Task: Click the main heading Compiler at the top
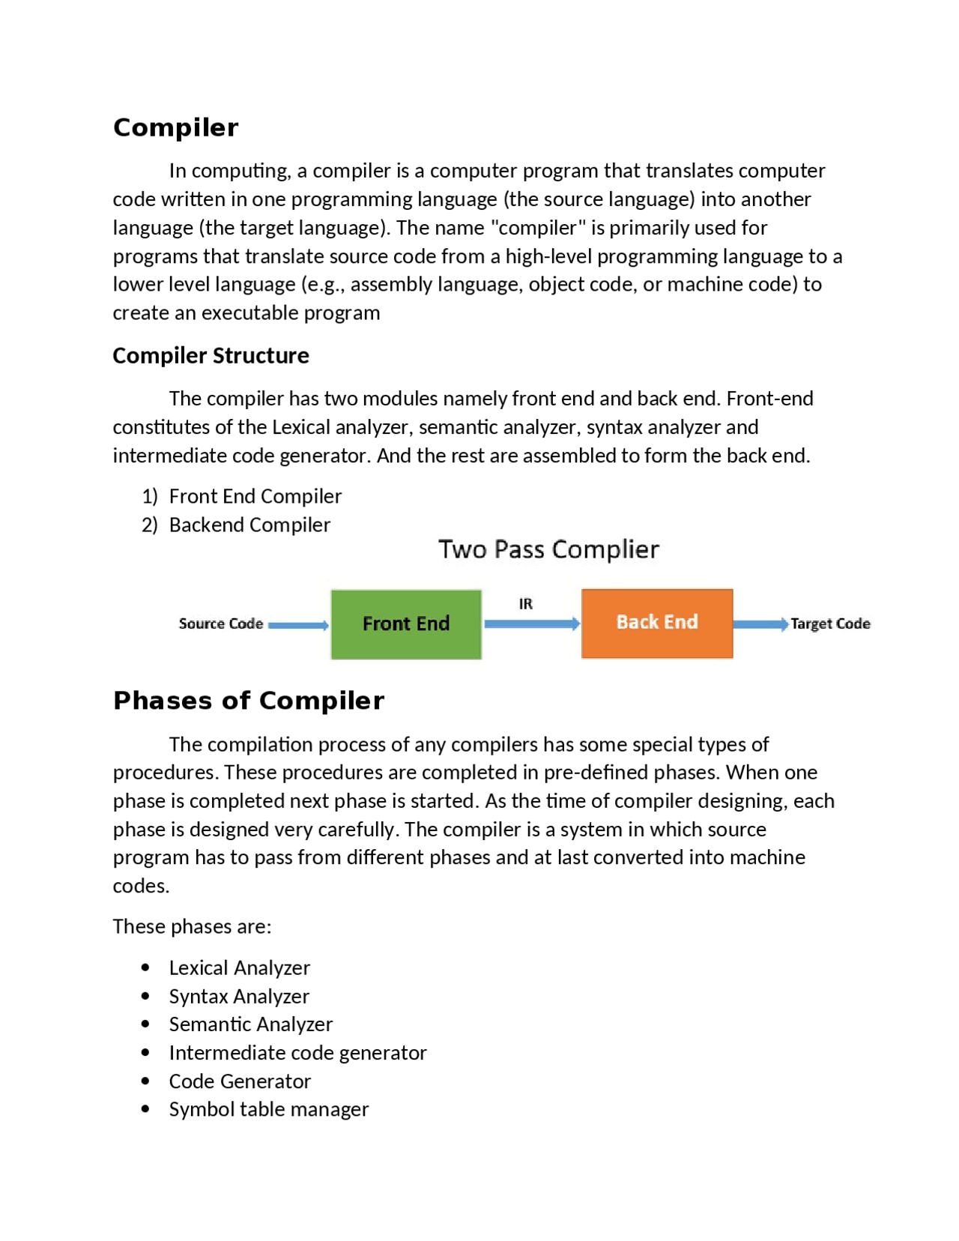(x=175, y=127)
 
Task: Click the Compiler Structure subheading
(x=211, y=355)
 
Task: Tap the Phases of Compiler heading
(x=248, y=700)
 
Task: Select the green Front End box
(x=406, y=623)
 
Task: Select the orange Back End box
(x=657, y=623)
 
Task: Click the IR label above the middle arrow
(x=526, y=603)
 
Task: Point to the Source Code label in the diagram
(x=220, y=623)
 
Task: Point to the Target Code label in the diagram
(x=830, y=623)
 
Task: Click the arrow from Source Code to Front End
(x=298, y=625)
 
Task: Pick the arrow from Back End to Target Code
(x=760, y=624)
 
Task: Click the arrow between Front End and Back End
(x=531, y=623)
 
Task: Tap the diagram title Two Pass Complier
(x=548, y=549)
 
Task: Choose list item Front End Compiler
(x=255, y=496)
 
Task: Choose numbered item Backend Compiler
(x=249, y=525)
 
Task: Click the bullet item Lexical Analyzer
(x=239, y=967)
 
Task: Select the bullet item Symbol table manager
(x=268, y=1109)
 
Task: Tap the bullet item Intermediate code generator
(x=297, y=1053)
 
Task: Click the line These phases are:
(x=192, y=926)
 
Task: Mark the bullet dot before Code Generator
(x=145, y=1081)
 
